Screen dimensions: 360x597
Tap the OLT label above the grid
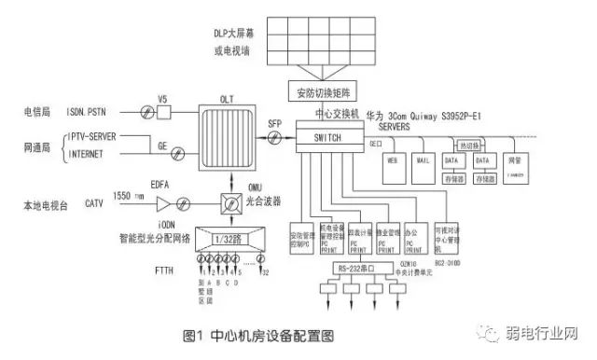click(226, 94)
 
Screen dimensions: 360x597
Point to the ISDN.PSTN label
click(87, 112)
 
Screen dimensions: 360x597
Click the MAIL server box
click(424, 165)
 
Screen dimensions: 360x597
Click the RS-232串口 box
click(357, 271)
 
